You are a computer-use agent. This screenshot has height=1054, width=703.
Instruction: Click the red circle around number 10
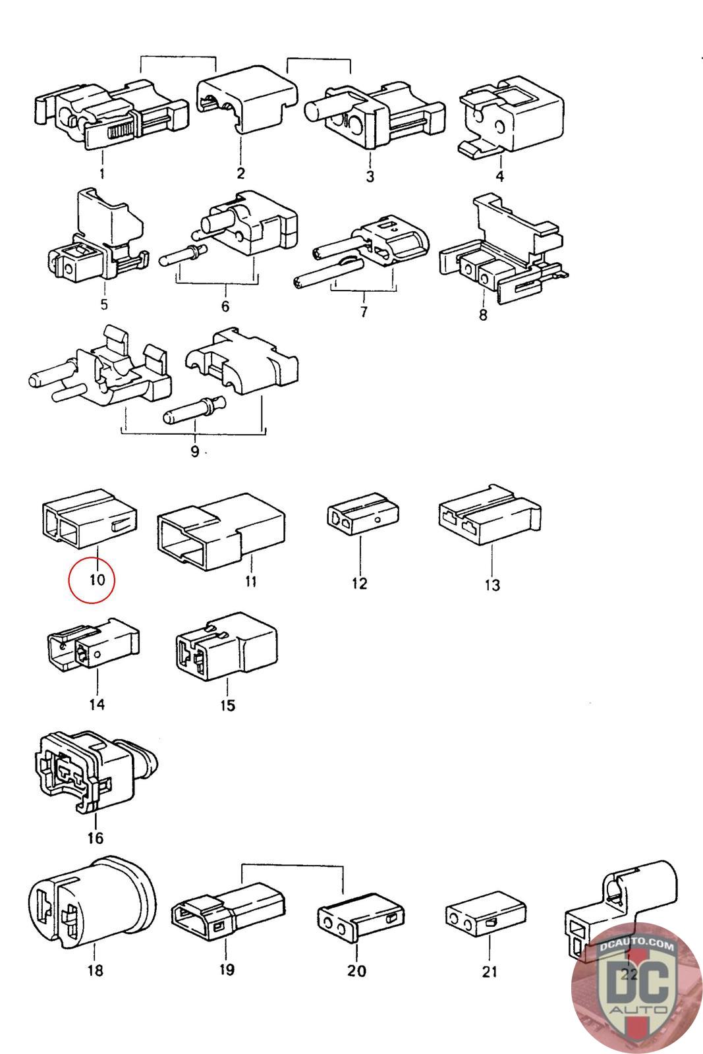point(92,580)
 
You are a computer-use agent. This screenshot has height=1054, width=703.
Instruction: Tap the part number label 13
point(492,586)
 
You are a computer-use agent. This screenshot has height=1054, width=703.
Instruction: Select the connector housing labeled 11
point(221,532)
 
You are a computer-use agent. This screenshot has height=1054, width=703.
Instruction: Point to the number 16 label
point(95,838)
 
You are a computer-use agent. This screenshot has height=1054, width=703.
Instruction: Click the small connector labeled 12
point(363,513)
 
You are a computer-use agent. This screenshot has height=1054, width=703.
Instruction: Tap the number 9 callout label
point(194,452)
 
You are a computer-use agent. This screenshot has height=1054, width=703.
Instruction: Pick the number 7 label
point(364,312)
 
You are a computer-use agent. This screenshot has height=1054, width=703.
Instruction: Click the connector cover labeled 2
point(247,99)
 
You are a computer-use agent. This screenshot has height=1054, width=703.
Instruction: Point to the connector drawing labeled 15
point(227,646)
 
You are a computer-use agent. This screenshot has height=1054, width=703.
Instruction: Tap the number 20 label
point(356,971)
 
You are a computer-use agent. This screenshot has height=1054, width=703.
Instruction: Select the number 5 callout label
point(104,304)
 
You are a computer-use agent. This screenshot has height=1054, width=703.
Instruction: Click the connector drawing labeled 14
point(93,644)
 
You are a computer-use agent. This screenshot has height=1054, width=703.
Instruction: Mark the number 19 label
point(227,970)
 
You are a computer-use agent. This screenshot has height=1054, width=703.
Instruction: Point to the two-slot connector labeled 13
point(490,514)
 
